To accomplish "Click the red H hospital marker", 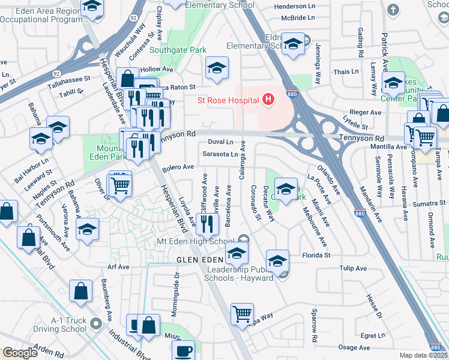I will click(268, 100).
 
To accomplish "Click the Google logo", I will click(20, 353).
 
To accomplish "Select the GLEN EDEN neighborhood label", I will click(199, 259).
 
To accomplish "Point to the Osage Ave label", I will click(354, 347).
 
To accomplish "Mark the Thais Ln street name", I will click(346, 71).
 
